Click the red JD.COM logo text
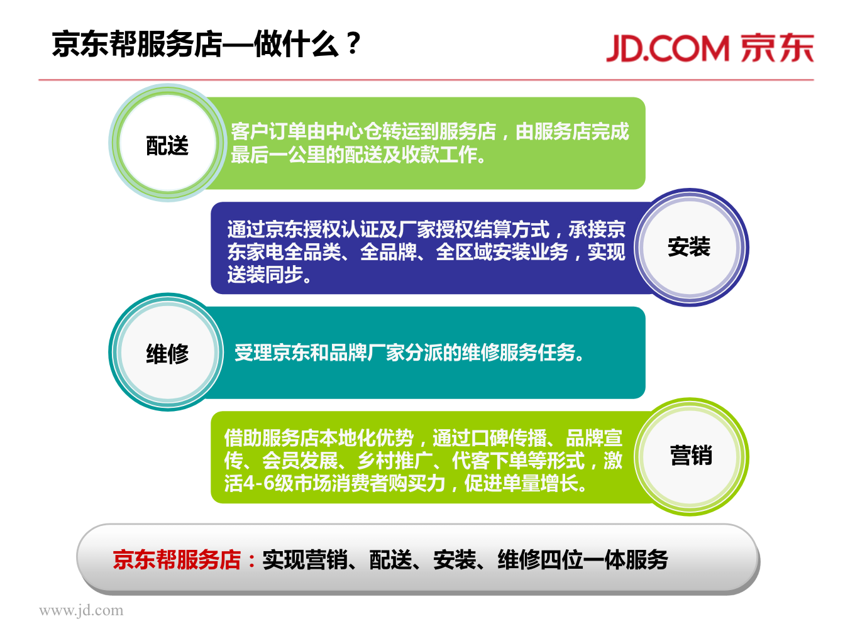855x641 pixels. (x=668, y=48)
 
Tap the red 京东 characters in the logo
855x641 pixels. (x=777, y=48)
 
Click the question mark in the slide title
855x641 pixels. (x=354, y=43)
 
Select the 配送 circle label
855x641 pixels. (x=167, y=145)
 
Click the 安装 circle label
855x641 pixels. (x=689, y=246)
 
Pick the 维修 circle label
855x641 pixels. (x=167, y=353)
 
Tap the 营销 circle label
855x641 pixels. (x=691, y=455)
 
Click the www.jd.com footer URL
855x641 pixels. (x=81, y=610)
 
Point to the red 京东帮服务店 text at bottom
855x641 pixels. (x=177, y=560)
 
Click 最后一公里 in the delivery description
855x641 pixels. (x=278, y=155)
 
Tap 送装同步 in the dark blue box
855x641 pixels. (x=265, y=275)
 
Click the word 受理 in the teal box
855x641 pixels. (x=253, y=353)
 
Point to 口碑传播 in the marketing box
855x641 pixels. (x=509, y=438)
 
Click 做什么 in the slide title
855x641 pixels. (x=297, y=44)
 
